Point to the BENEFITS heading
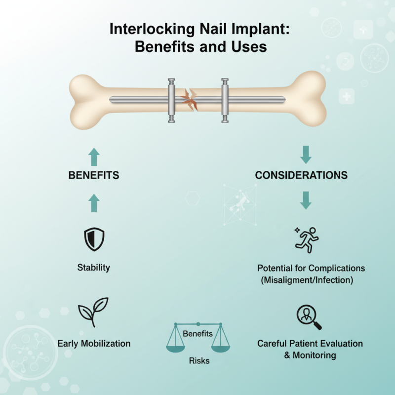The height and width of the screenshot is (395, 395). click(94, 175)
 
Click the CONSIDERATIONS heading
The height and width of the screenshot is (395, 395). click(301, 175)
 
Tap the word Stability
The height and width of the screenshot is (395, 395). click(93, 268)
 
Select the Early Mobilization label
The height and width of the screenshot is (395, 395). click(94, 343)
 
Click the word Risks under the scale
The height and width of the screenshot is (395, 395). click(199, 361)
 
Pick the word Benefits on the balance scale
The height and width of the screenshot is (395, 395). click(197, 334)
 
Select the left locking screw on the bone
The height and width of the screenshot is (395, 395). click(171, 100)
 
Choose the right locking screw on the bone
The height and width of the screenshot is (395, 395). click(225, 100)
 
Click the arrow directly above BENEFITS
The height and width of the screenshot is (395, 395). click(94, 157)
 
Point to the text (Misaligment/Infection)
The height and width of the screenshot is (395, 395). click(311, 280)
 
